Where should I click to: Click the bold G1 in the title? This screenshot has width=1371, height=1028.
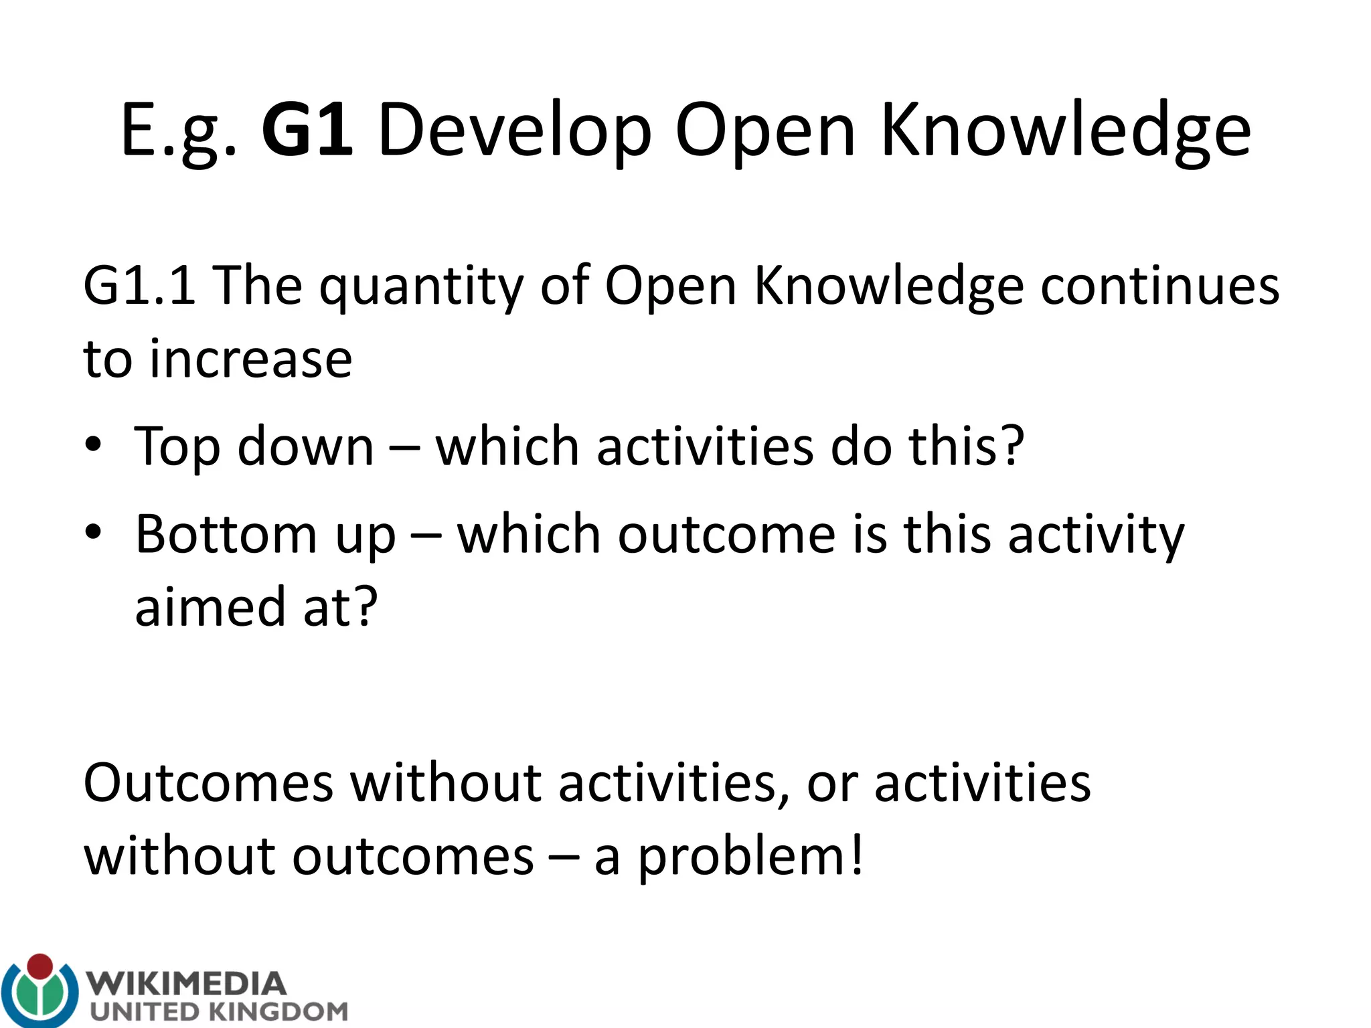click(x=307, y=130)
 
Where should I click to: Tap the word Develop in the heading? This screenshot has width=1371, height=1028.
click(x=514, y=131)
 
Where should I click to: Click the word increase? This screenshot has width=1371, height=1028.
click(x=250, y=360)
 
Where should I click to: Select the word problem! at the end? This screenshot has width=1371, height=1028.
click(x=750, y=858)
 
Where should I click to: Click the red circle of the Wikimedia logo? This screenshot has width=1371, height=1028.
click(x=40, y=966)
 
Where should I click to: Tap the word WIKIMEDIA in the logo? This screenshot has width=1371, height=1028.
click(x=188, y=984)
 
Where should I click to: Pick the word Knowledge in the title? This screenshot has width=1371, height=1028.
click(x=1065, y=131)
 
